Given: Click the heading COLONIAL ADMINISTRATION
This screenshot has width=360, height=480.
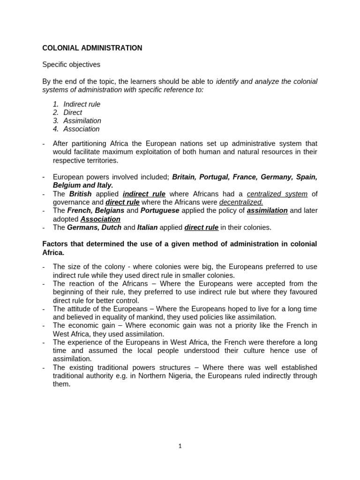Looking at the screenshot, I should [x=92, y=48].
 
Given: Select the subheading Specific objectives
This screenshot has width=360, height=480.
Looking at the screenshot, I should [x=71, y=65].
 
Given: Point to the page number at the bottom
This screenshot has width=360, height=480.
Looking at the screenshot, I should [x=180, y=446].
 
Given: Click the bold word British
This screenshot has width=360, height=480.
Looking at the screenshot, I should [x=81, y=194].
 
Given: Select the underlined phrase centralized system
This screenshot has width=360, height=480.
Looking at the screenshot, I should [x=277, y=194].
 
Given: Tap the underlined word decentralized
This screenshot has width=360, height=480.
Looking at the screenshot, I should [x=241, y=202].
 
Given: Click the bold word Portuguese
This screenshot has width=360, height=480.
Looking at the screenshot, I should [x=160, y=211].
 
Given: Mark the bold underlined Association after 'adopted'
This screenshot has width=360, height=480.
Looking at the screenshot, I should [x=100, y=219].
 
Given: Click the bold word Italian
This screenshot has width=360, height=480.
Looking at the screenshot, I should [x=147, y=228].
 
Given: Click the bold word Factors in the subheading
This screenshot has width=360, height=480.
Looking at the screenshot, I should [x=55, y=244].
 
